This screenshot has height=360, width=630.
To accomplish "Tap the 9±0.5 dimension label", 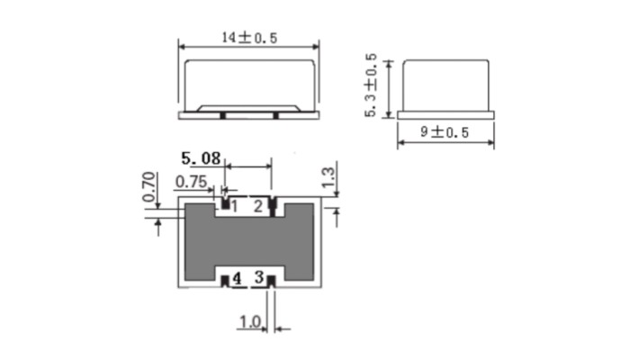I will click(445, 132).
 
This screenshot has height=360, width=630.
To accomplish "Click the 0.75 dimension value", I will click(192, 182).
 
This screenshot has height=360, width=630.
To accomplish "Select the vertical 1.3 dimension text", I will click(328, 178).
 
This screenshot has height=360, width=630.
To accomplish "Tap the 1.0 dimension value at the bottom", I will click(249, 321).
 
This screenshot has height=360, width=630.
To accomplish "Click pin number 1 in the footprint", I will click(234, 207).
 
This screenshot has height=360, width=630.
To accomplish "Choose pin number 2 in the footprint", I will click(258, 207).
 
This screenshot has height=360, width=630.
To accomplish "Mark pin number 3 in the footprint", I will click(258, 279).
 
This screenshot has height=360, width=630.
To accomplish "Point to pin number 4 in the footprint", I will click(236, 279).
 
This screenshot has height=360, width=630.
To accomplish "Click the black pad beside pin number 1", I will click(223, 206).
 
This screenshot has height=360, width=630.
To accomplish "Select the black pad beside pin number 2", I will click(271, 206).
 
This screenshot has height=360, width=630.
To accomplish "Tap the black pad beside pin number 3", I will click(270, 281).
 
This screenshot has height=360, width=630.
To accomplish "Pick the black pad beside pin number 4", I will click(224, 281).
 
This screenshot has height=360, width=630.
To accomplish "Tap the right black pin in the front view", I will click(275, 115).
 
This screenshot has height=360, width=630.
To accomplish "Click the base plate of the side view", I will click(445, 115).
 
